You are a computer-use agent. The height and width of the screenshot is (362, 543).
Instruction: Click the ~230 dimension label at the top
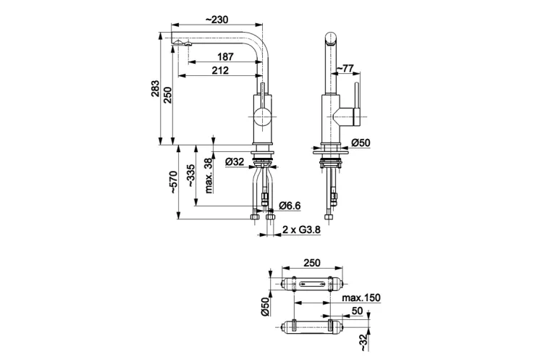[216, 20]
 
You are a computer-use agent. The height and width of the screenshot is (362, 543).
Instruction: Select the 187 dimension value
[225, 56]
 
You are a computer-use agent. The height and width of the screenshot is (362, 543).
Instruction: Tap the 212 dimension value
[220, 70]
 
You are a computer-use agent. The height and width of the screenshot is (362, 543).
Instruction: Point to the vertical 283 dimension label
[155, 88]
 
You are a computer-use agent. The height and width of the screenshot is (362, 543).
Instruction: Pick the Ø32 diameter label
[235, 161]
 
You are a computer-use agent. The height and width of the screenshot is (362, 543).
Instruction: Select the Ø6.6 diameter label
[290, 206]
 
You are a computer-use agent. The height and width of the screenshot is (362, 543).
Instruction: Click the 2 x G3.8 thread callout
[301, 230]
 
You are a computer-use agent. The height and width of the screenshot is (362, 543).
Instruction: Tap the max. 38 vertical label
[209, 176]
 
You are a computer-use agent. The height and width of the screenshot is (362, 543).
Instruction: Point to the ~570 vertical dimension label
[172, 182]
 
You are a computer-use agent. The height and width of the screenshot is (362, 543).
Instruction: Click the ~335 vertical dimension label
[190, 176]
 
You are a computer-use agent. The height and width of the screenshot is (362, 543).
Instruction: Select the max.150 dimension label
[361, 298]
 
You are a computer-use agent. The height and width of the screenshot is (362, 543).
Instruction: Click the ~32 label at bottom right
[363, 343]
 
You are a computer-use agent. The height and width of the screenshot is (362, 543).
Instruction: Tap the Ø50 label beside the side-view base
[361, 143]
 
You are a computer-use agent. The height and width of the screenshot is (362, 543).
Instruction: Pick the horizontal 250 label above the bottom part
[312, 263]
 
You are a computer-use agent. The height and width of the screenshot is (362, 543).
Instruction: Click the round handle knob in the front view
[262, 117]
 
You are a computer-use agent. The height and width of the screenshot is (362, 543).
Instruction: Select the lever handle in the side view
[357, 104]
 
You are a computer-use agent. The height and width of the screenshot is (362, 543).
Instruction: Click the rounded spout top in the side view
[331, 39]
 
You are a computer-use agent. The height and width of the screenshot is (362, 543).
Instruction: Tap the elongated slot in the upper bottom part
[311, 284]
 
